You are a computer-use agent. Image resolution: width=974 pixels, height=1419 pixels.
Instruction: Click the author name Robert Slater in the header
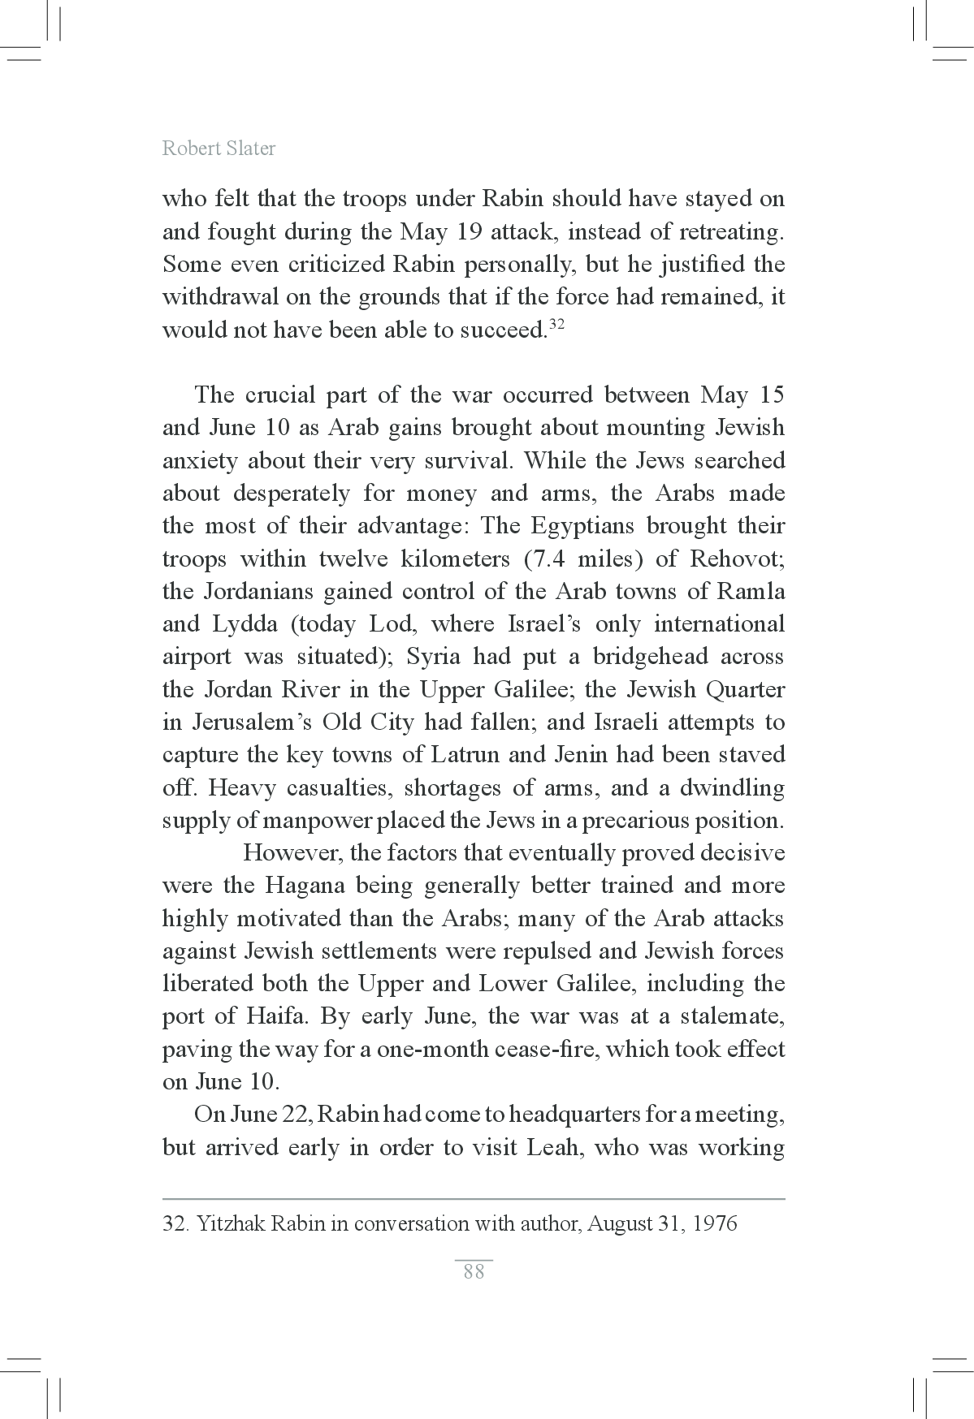point(219,149)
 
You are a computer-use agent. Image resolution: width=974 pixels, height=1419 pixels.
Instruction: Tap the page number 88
point(474,1272)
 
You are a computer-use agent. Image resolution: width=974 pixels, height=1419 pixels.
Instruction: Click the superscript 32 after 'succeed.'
point(556,324)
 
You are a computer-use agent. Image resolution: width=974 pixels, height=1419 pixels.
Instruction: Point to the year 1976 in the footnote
point(715,1223)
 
